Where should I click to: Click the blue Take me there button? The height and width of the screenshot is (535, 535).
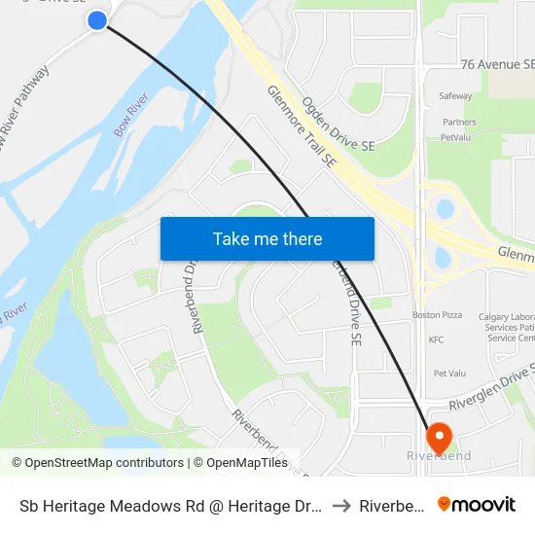[267, 238]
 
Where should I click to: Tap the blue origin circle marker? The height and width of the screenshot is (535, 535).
[97, 19]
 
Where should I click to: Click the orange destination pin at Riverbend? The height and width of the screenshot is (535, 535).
[437, 436]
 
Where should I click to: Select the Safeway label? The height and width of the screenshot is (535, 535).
[456, 96]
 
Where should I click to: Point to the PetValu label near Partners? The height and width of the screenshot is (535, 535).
[455, 137]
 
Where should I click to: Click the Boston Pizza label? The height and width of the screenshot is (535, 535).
[437, 315]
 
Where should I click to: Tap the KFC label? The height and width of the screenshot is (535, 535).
[436, 339]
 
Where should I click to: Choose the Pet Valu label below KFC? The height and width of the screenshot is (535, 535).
[450, 373]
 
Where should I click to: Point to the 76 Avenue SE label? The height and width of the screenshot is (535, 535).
[497, 63]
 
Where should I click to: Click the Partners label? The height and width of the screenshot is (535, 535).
[459, 123]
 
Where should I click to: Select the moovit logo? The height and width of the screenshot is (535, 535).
[477, 505]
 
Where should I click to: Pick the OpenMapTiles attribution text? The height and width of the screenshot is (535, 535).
[243, 463]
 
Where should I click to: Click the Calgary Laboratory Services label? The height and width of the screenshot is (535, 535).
[506, 327]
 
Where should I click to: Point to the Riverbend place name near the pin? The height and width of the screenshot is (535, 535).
[439, 456]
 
